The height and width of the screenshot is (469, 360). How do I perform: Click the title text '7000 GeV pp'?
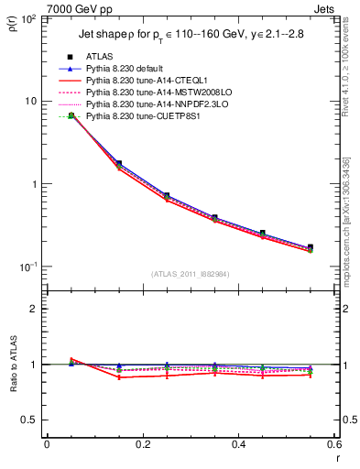pos(75,8)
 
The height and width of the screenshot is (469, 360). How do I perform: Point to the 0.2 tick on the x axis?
pos(142,444)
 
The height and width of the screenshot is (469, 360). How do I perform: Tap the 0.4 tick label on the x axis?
pos(238,444)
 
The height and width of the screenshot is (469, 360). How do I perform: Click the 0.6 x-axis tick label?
pos(333,444)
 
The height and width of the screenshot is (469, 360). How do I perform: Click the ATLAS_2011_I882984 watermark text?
pos(191,274)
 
